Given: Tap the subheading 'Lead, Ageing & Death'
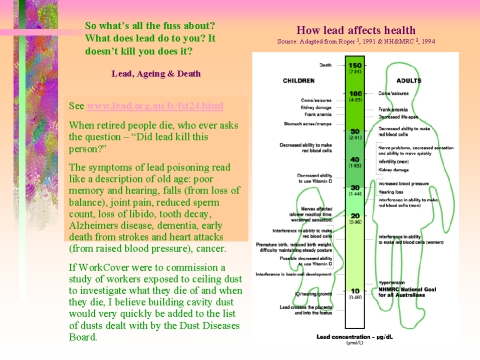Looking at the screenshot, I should point(155,73).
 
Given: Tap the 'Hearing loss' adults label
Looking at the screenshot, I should point(397,191).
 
